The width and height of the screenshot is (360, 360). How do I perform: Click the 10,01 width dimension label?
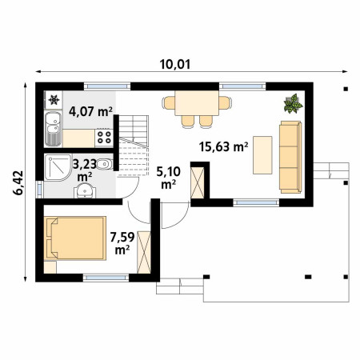175,64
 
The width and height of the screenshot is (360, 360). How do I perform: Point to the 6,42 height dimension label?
19,182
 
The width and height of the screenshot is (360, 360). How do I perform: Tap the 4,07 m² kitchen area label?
90,111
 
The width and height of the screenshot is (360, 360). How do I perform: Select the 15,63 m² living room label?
224,146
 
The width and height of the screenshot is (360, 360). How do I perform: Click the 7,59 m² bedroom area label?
122,243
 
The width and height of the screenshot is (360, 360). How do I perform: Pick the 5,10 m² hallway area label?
168,178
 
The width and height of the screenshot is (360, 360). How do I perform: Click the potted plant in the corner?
293,103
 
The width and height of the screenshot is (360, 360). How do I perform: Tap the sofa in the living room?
290,157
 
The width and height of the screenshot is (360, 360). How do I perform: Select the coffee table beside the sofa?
262,155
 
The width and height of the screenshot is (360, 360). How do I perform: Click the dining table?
197,103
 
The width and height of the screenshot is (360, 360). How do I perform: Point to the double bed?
75,238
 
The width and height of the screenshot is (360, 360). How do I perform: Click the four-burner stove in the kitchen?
104,138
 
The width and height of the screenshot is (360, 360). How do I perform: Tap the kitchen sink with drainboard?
53,129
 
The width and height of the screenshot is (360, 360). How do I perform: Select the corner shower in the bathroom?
58,167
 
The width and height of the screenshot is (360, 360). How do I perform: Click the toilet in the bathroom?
104,164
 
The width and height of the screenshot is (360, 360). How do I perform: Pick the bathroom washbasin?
85,190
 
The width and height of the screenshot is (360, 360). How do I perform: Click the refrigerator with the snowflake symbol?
54,100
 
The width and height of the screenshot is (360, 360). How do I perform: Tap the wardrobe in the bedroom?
144,252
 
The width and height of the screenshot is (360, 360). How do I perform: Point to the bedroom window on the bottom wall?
106,278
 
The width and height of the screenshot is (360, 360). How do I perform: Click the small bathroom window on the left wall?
39,190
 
